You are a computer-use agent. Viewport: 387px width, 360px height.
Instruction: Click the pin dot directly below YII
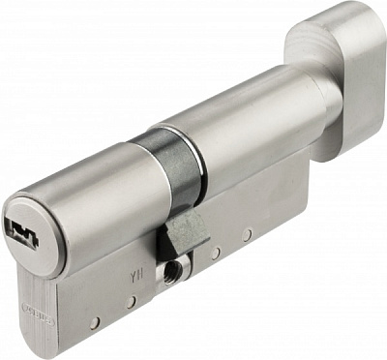[x=130, y=302]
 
